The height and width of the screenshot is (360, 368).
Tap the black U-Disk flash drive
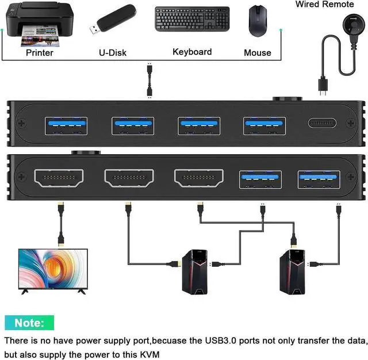[x=112, y=22]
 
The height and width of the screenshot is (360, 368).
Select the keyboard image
[x=191, y=19]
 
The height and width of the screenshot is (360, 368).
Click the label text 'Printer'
[x=39, y=52]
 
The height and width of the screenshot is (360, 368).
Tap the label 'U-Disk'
[x=113, y=52]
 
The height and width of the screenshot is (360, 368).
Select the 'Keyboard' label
[x=192, y=52]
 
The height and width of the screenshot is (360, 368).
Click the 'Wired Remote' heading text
[x=324, y=5]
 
